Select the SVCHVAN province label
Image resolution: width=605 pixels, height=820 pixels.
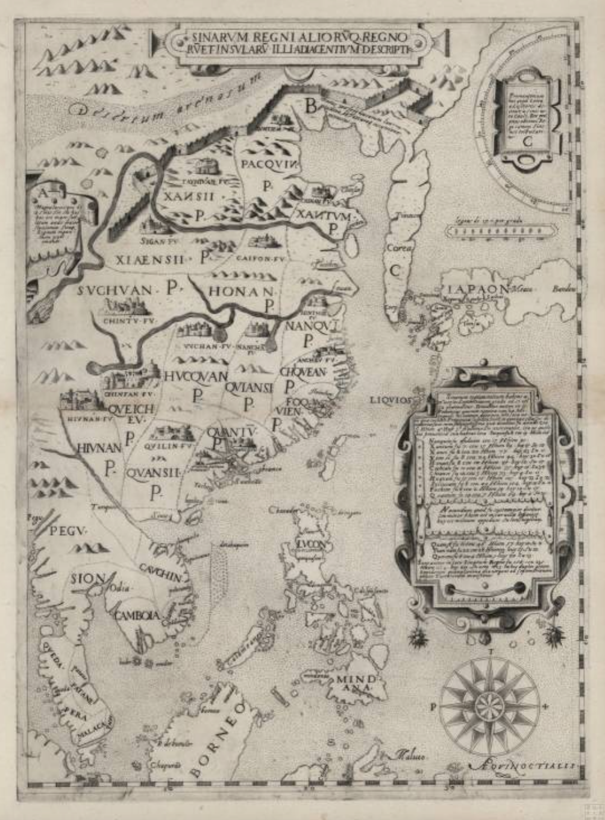[x=114, y=291]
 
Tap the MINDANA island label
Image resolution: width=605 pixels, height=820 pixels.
[x=356, y=685]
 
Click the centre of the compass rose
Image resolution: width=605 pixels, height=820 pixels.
[x=489, y=706]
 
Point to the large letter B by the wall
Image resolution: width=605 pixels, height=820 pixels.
[x=310, y=107]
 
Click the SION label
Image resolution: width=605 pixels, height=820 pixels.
[x=88, y=578]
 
